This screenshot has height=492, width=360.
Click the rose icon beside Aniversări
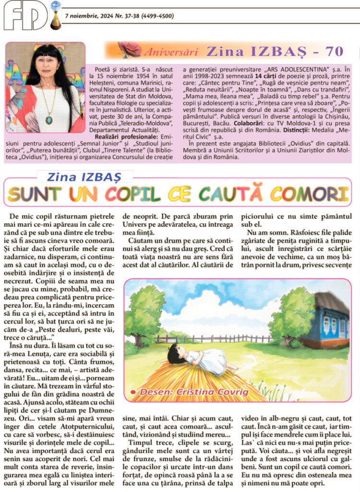pyautogui.click(x=130, y=49)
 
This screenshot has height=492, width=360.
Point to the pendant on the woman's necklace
pyautogui.click(x=49, y=119)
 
